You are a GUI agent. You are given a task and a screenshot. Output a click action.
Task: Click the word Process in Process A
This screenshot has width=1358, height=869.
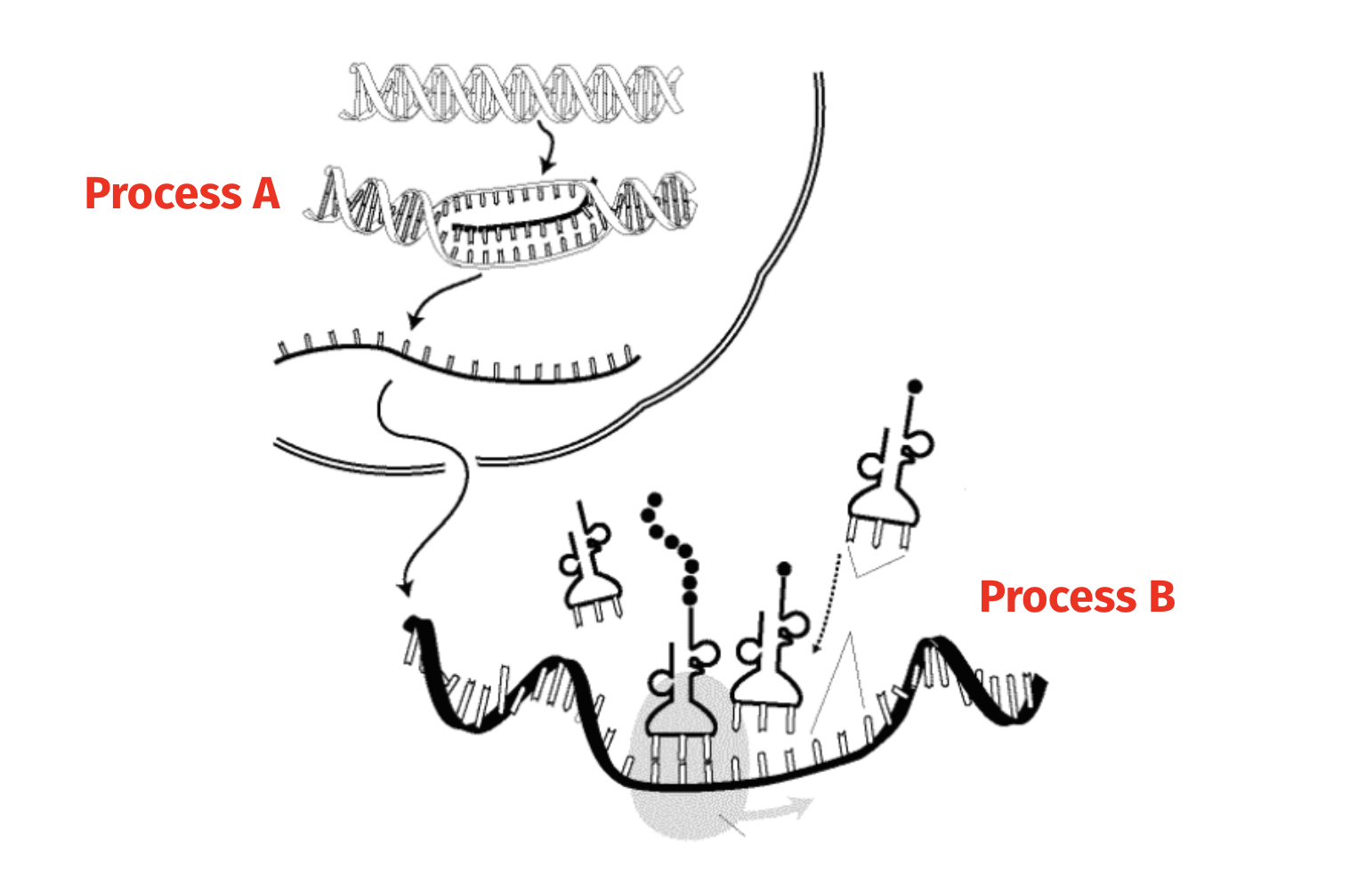(164, 194)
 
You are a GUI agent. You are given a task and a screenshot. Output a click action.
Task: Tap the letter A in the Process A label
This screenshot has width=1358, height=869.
(266, 193)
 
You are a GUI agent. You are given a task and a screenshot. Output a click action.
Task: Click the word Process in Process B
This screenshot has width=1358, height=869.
(1058, 597)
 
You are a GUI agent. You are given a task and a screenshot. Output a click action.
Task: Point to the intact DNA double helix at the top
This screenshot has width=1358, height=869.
(511, 93)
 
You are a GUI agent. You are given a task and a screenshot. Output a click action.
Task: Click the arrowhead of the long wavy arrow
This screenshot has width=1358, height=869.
(405, 589)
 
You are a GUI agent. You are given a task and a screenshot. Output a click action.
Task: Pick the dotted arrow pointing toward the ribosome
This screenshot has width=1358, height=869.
(827, 604)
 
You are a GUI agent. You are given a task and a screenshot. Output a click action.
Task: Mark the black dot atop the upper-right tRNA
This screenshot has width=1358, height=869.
(915, 386)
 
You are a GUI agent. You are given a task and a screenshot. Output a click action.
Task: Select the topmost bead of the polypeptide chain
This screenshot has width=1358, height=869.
(655, 499)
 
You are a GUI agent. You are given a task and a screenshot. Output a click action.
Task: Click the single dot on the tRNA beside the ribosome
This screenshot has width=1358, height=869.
(784, 569)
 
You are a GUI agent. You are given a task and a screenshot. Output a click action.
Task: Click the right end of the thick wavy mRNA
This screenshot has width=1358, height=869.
(1043, 681)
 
